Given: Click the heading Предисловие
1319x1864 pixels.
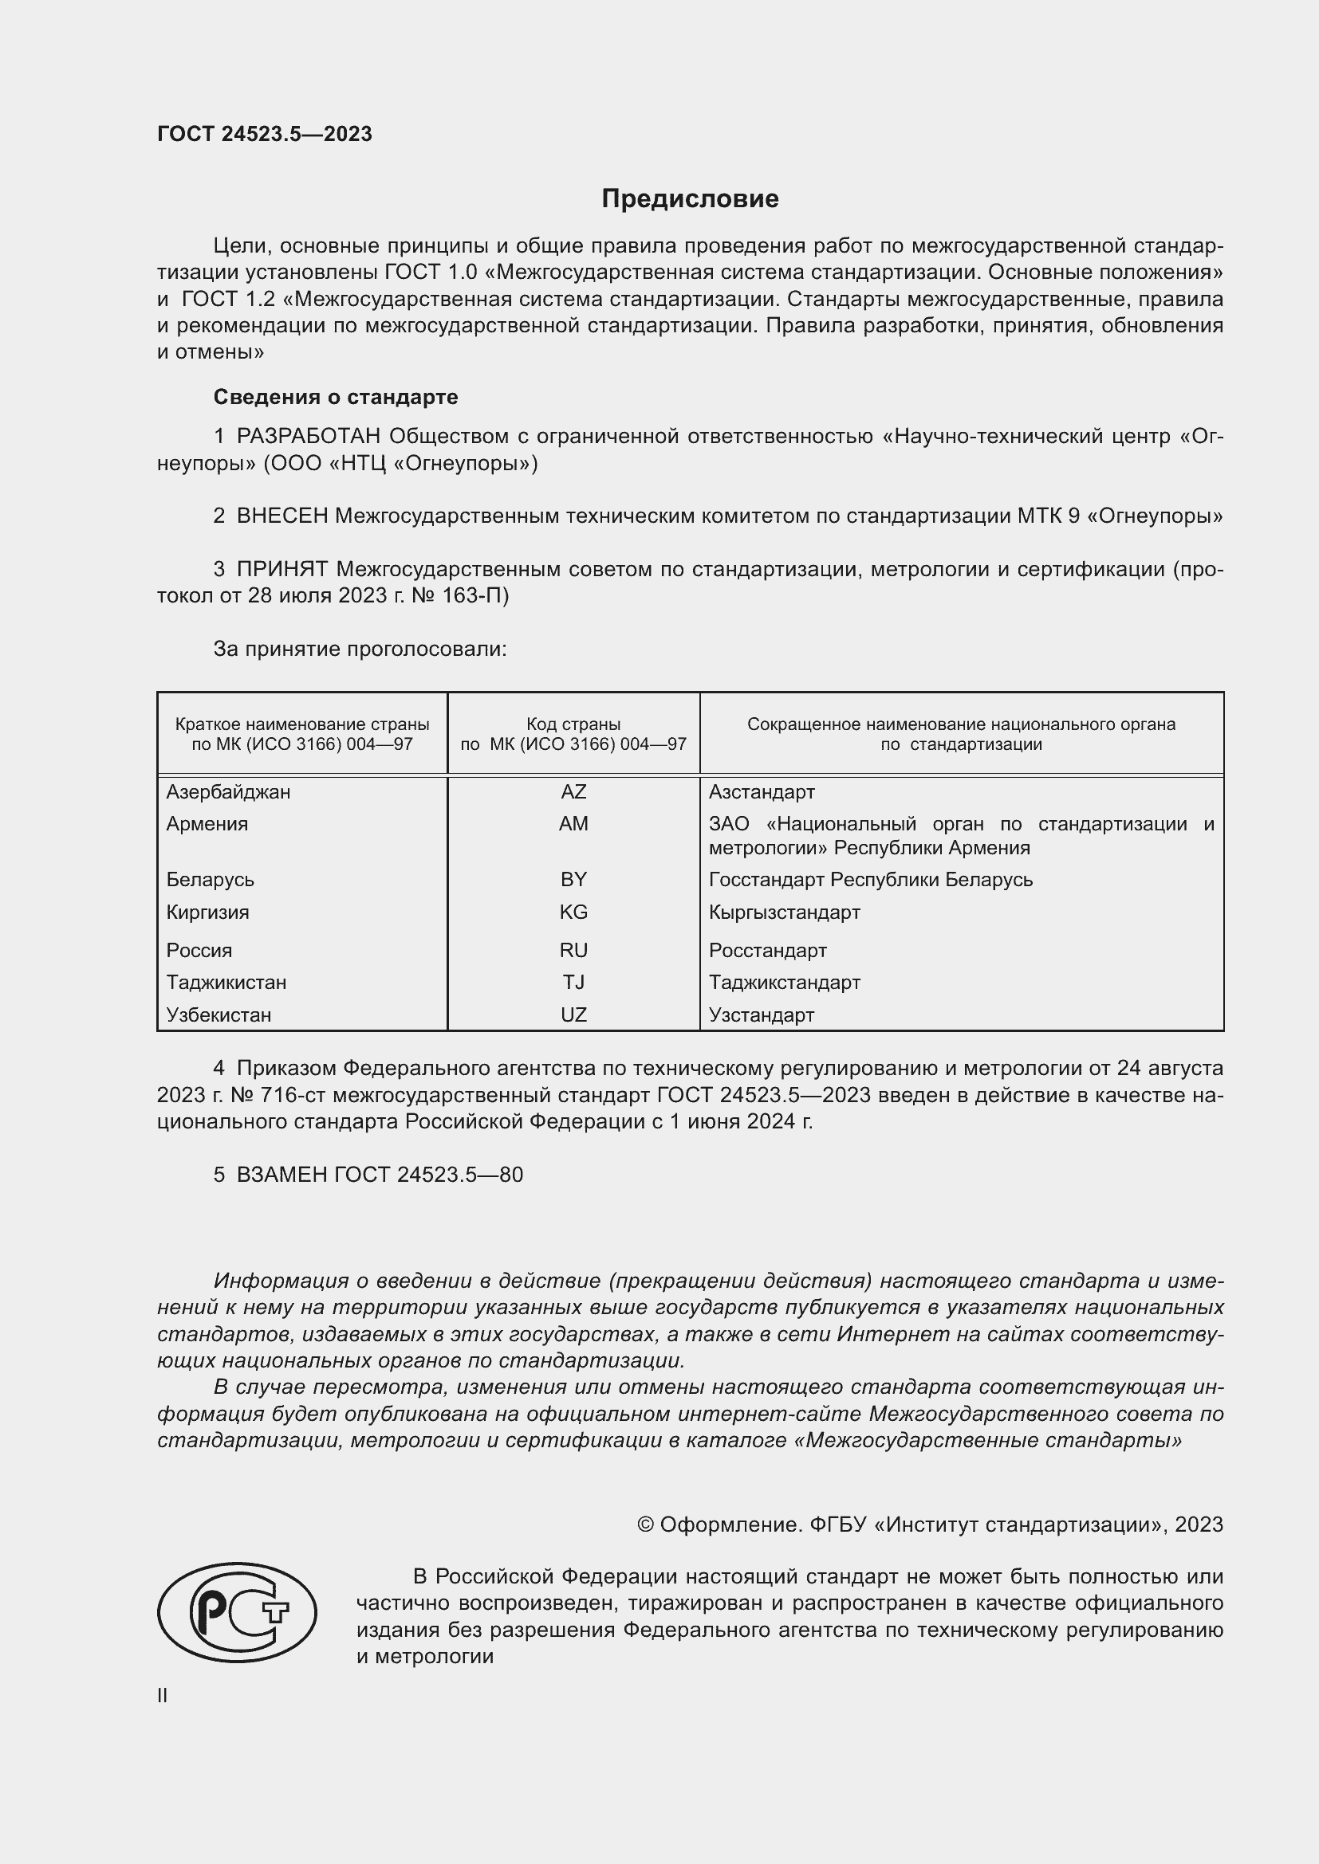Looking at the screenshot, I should click(690, 199).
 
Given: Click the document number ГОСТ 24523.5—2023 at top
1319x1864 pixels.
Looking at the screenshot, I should click(264, 134).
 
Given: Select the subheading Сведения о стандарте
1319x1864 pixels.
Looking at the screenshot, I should click(336, 397).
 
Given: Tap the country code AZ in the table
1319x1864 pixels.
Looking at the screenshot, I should click(573, 791).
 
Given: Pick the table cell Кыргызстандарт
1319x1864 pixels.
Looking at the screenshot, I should click(784, 912).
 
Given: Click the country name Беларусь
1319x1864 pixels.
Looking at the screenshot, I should click(211, 879).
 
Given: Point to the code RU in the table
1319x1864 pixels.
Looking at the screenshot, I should click(573, 950).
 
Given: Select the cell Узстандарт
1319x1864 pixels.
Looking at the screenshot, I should click(761, 1014).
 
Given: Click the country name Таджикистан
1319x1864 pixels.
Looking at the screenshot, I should click(226, 983).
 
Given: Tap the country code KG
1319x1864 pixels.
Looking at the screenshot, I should click(573, 912).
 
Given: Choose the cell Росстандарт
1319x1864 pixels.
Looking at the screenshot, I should click(767, 950).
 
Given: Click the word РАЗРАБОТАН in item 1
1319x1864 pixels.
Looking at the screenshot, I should click(309, 437).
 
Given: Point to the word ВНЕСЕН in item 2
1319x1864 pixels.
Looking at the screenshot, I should click(282, 516).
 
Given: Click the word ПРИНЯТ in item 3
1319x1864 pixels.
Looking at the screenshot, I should click(282, 569).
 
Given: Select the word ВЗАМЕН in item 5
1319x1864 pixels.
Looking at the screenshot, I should click(281, 1175).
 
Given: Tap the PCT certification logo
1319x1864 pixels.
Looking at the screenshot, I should click(237, 1611).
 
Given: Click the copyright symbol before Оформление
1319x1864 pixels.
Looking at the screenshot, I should click(645, 1525).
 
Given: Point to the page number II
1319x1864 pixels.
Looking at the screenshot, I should click(163, 1695).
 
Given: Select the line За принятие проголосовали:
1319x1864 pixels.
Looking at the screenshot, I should click(360, 649).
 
